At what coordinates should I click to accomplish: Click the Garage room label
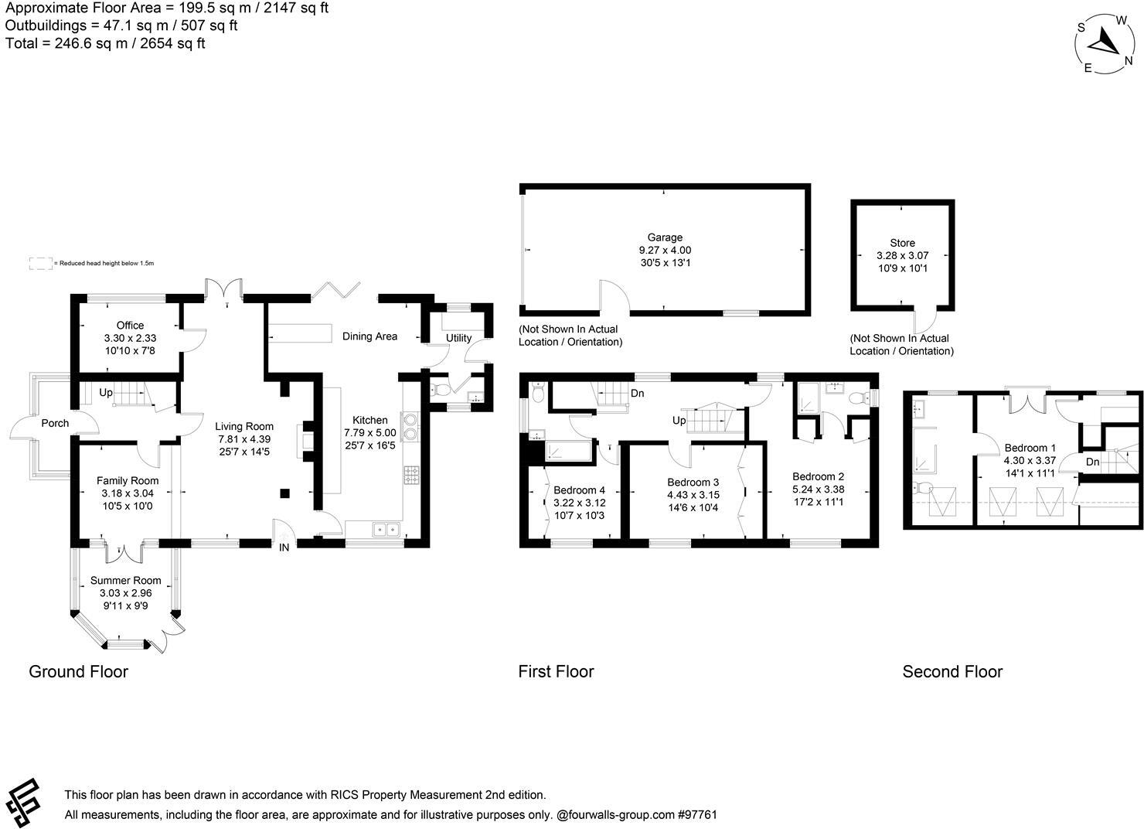[665, 237]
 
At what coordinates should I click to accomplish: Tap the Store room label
[902, 243]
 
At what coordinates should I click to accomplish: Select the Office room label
[130, 326]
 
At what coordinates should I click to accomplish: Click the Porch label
[55, 423]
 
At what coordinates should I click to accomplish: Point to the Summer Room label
[125, 581]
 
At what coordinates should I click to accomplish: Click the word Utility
[458, 338]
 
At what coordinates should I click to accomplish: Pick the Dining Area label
[369, 336]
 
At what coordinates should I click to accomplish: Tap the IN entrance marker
[284, 548]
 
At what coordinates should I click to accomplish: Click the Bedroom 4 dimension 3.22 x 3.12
[579, 503]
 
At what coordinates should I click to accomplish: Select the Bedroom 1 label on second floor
[1030, 448]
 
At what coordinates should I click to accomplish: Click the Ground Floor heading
[78, 671]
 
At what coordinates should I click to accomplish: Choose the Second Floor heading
[952, 672]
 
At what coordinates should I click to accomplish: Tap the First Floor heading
[556, 671]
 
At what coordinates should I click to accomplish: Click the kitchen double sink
[384, 530]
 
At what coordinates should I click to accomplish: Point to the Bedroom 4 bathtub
[567, 451]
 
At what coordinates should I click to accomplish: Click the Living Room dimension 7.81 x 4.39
[243, 439]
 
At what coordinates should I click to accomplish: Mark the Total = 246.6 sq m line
[105, 43]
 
